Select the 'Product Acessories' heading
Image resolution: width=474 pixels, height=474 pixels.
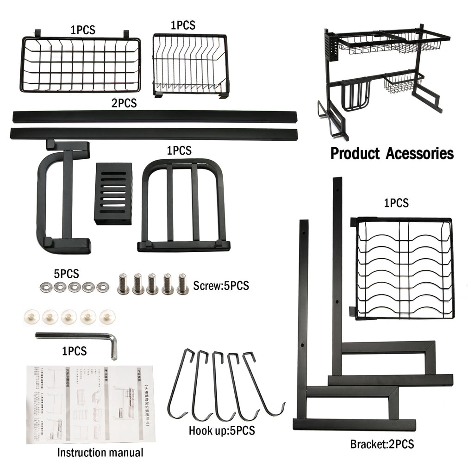392,154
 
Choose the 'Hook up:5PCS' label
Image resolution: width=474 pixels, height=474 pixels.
222,430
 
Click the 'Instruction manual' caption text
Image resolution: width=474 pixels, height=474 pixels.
100,452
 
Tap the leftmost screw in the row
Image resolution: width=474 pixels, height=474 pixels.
123,284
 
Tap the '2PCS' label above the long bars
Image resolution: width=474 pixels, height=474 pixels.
124,103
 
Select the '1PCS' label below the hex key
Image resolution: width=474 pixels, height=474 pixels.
75,351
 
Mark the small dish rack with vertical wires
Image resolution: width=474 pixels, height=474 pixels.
190,65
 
